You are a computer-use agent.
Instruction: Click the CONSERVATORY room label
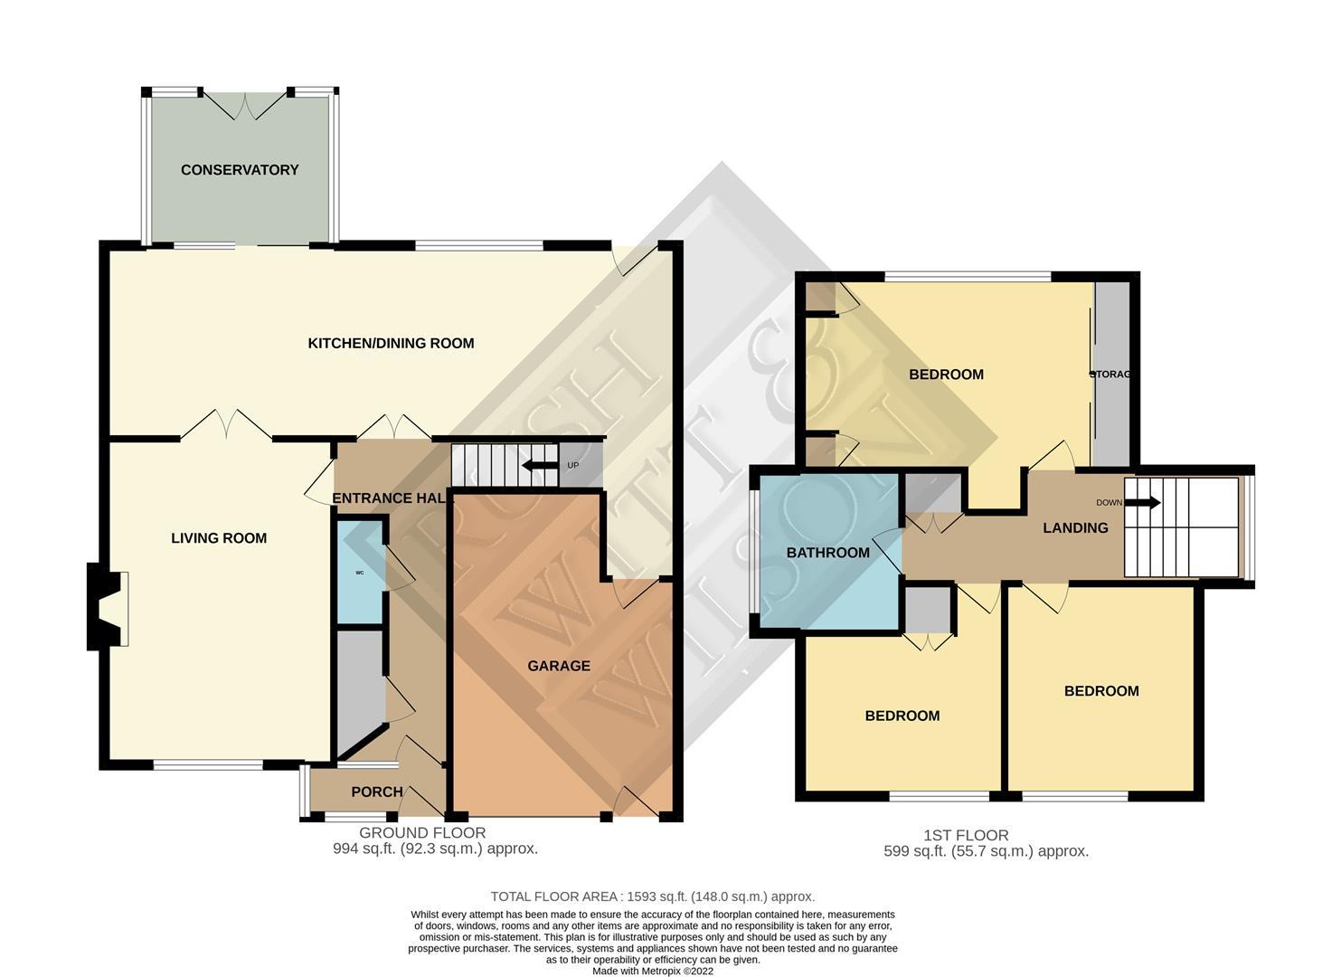(x=240, y=170)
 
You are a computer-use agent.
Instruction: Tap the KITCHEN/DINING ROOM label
(x=391, y=343)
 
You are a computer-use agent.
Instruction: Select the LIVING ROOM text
(x=219, y=538)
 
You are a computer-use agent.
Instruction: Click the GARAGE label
(x=559, y=666)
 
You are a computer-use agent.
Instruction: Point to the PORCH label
(x=377, y=792)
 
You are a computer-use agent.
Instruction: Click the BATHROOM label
(x=827, y=553)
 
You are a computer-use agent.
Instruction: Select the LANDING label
(x=1075, y=527)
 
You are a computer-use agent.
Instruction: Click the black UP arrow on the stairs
(x=540, y=466)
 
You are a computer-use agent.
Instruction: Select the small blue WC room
(x=360, y=572)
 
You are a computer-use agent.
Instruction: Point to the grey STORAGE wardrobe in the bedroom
(x=1112, y=375)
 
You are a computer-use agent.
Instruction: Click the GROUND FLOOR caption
(x=422, y=833)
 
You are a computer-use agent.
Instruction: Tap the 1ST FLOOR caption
(x=966, y=835)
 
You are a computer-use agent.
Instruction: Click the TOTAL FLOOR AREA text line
(x=652, y=896)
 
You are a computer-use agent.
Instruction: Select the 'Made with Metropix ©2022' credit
(x=653, y=971)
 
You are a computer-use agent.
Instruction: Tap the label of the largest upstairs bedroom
(x=946, y=375)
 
